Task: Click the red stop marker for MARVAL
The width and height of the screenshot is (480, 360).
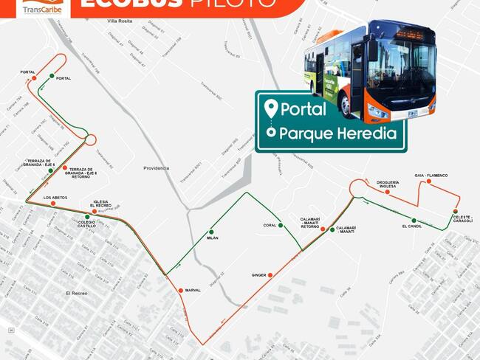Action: (181, 291)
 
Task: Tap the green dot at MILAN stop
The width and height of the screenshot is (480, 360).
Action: (212, 232)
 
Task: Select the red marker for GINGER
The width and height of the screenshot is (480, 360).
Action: (270, 275)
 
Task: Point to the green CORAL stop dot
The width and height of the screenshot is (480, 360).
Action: (281, 225)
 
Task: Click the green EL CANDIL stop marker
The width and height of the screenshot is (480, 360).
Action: (414, 221)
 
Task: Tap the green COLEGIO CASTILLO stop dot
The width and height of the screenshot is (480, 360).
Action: (88, 217)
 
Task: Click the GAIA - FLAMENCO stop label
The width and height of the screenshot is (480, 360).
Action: (431, 176)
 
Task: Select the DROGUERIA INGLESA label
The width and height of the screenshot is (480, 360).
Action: (387, 184)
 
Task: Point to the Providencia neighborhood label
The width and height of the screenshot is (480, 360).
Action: (157, 168)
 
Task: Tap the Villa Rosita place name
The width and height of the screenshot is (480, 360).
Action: (120, 21)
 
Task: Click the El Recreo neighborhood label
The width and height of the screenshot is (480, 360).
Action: (77, 293)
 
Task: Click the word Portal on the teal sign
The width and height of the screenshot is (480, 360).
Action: (303, 109)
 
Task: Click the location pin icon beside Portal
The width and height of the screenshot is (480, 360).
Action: (272, 108)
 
